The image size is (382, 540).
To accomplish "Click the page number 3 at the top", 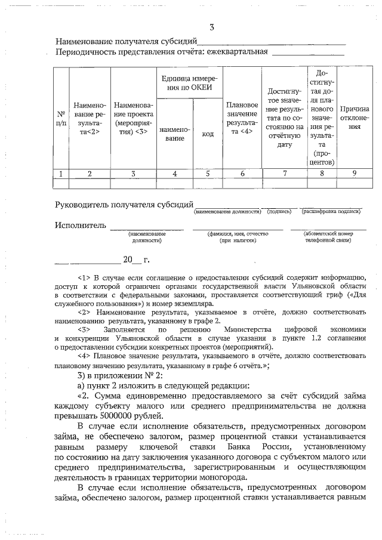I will pyautogui.click(x=211, y=27).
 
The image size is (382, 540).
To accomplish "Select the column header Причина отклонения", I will pyautogui.click(x=354, y=118).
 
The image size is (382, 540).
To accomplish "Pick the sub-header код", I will pyautogui.click(x=208, y=134).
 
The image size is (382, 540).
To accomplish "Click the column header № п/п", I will pyautogui.click(x=61, y=118).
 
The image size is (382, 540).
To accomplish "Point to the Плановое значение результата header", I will pyautogui.click(x=242, y=118).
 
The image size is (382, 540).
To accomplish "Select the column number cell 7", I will pyautogui.click(x=285, y=173).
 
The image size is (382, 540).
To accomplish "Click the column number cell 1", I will pyautogui.click(x=61, y=173).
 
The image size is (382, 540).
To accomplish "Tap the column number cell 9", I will pyautogui.click(x=354, y=173).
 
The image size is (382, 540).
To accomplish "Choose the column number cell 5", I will pyautogui.click(x=208, y=173).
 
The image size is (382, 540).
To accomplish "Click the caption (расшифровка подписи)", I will pyautogui.click(x=331, y=211).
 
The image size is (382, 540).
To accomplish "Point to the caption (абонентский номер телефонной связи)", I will pyautogui.click(x=328, y=237).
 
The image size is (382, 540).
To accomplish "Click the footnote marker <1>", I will pyautogui.click(x=84, y=277).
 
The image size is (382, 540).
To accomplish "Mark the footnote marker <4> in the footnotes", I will pyautogui.click(x=84, y=356).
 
